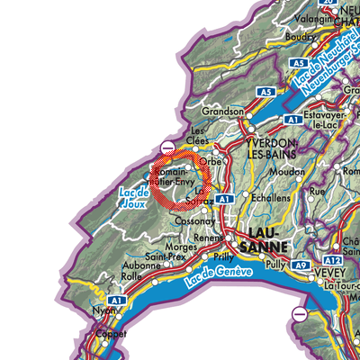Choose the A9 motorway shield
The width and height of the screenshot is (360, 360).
tap(303, 266)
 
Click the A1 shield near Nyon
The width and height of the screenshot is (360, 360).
tap(115, 301)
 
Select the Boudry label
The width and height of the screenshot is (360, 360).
tap(298, 38)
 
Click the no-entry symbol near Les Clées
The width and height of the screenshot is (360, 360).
tap(168, 147)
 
